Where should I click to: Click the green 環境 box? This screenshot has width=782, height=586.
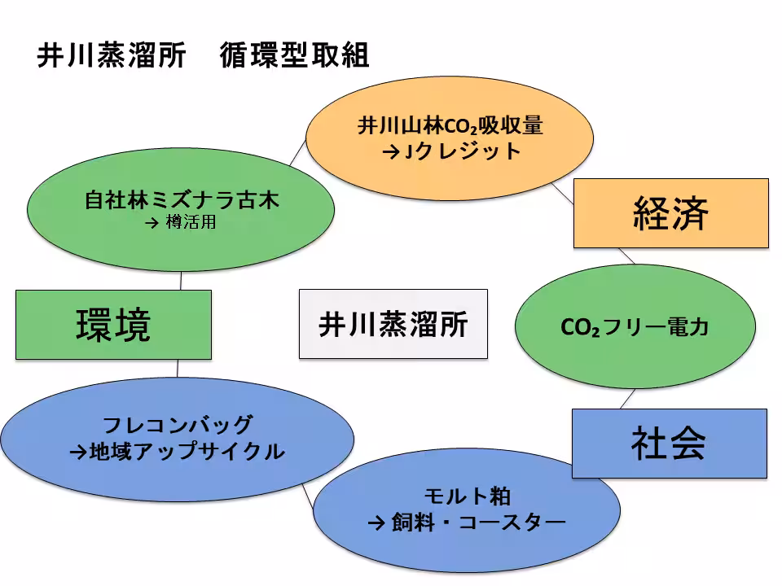(x=113, y=325)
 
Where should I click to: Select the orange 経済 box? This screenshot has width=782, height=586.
(x=670, y=213)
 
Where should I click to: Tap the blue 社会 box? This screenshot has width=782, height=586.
(x=668, y=443)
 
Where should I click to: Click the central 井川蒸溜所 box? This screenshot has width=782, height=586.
(x=393, y=324)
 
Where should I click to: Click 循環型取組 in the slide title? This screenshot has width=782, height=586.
(x=294, y=56)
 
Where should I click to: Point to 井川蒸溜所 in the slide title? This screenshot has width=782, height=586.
(x=112, y=56)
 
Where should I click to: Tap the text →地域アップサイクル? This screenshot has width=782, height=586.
(x=177, y=451)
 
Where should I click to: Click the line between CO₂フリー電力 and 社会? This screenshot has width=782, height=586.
(x=626, y=399)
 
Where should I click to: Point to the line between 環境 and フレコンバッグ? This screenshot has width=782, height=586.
(x=178, y=367)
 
